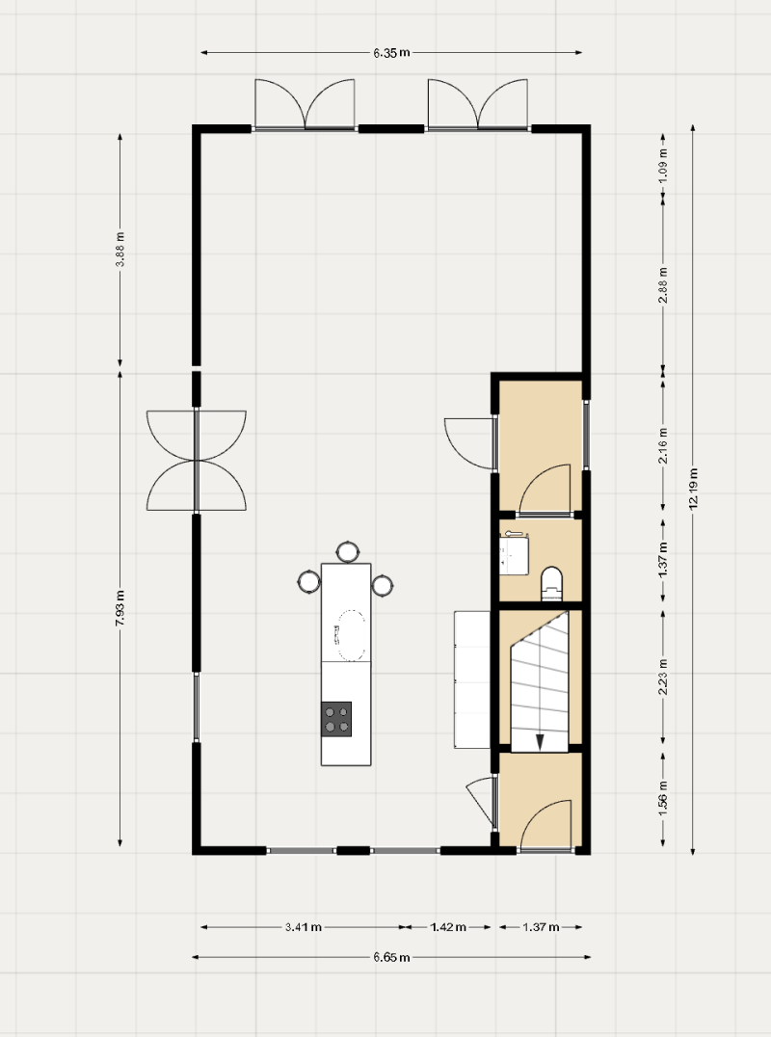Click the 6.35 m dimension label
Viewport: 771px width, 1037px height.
[x=391, y=53]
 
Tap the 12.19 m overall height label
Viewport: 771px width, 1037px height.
[x=693, y=489]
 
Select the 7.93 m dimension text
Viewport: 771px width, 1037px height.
[x=120, y=608]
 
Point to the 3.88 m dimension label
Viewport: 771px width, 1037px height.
[x=120, y=250]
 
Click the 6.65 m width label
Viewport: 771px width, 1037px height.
[x=391, y=957]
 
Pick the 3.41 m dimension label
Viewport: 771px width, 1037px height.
[x=304, y=927]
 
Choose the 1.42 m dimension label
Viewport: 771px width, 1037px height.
[x=448, y=927]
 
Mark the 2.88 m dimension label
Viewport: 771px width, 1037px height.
[x=663, y=285]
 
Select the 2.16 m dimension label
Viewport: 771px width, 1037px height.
[x=663, y=446]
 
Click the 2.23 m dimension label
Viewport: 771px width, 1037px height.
[x=663, y=678]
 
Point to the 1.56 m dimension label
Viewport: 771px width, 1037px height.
[x=663, y=798]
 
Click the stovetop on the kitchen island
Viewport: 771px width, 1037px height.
[x=336, y=720]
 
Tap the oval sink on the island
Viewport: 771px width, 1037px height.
[x=350, y=635]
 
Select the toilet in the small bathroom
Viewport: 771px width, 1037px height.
[x=551, y=583]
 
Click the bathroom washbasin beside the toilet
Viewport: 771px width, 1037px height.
[x=515, y=551]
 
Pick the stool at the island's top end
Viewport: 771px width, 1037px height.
[x=347, y=551]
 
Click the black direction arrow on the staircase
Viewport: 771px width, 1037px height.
[x=540, y=742]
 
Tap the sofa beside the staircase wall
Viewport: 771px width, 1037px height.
[x=472, y=679]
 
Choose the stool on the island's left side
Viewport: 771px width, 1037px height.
[x=308, y=582]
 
